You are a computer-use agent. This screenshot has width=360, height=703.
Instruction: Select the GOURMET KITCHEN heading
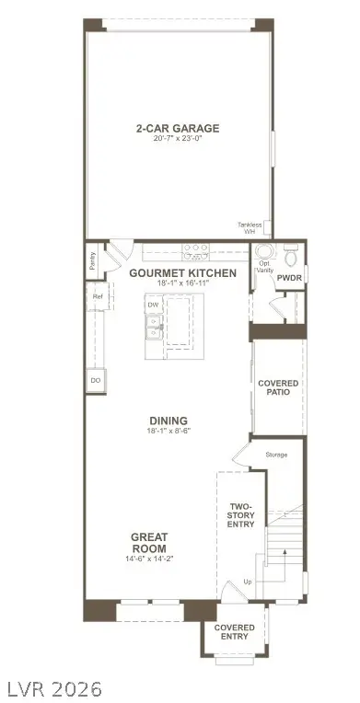(x=182, y=273)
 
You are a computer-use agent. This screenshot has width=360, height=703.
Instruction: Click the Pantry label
(x=93, y=260)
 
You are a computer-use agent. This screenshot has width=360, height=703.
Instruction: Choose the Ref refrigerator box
(x=97, y=296)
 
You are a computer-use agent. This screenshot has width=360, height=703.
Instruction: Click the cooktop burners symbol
(x=195, y=248)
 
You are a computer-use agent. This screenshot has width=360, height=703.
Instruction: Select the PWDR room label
(x=289, y=277)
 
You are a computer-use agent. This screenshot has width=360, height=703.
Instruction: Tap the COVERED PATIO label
(x=277, y=387)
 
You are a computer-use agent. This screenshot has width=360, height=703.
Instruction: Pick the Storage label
(x=276, y=455)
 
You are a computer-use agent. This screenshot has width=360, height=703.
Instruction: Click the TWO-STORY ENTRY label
(x=241, y=513)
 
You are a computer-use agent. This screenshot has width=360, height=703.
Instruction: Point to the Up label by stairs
(x=246, y=582)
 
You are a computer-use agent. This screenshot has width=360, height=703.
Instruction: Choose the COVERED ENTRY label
(x=235, y=632)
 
